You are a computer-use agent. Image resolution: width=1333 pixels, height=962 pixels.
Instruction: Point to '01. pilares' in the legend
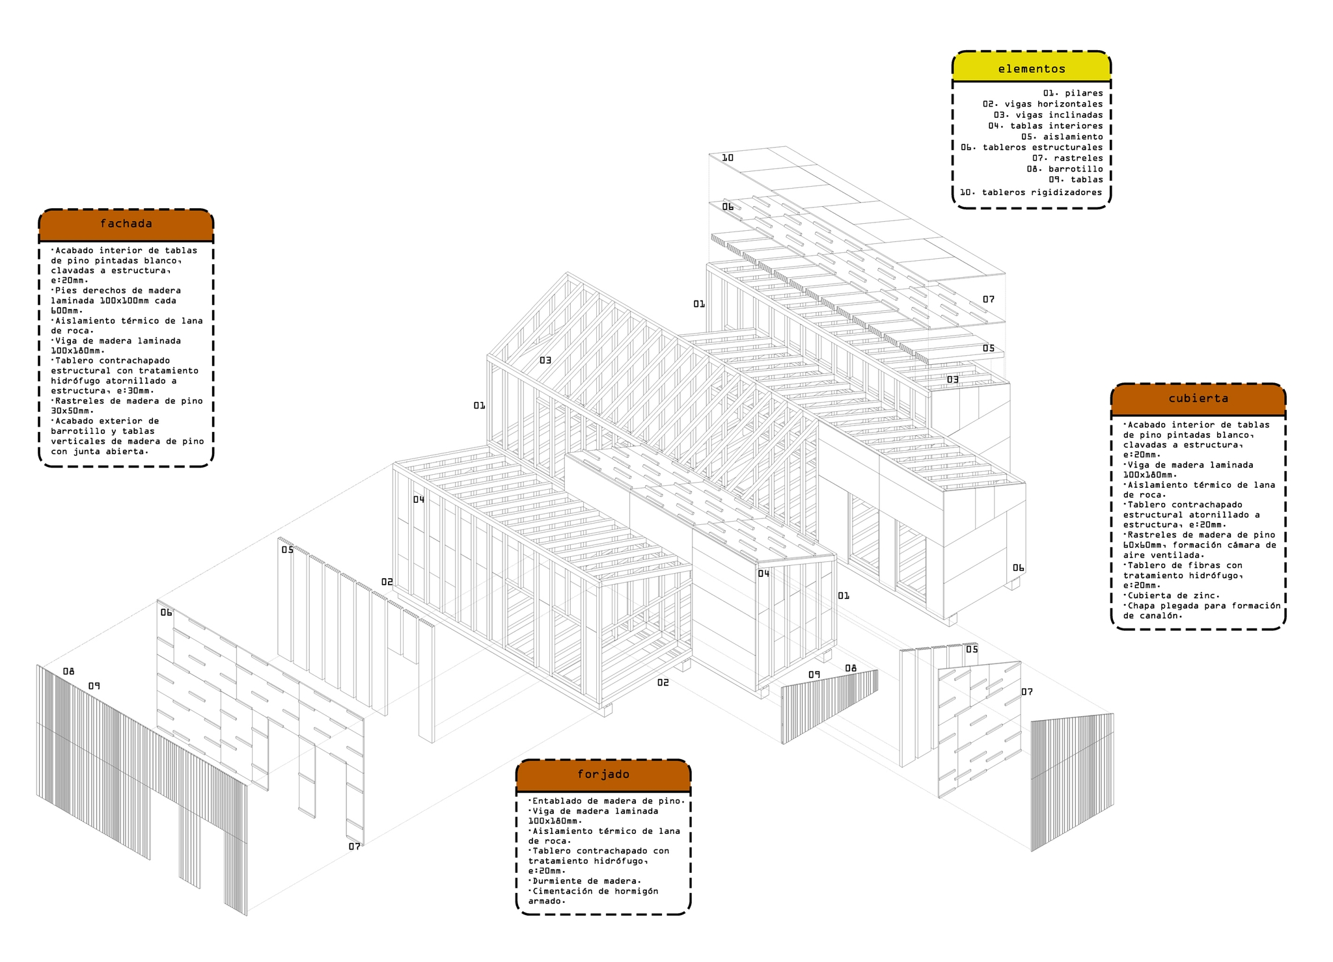pos(1073,93)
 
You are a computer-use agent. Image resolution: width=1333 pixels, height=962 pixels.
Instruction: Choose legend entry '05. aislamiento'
pos(1062,137)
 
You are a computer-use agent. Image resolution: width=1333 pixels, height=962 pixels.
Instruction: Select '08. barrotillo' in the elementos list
pos(1065,169)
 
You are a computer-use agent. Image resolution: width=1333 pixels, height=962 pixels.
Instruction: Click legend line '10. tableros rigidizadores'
pos(1031,193)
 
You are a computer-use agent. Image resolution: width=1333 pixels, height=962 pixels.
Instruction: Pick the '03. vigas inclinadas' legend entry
pos(1049,115)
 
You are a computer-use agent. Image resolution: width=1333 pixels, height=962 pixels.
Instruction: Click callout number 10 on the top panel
pos(728,158)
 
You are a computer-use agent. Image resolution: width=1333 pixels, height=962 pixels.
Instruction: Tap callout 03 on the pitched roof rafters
pos(545,360)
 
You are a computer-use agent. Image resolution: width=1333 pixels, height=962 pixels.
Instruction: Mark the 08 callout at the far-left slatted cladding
pos(68,671)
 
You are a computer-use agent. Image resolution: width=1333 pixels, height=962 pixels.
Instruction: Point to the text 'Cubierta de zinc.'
pos(1173,595)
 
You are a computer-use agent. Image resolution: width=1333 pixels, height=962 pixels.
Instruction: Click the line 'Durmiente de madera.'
pos(584,881)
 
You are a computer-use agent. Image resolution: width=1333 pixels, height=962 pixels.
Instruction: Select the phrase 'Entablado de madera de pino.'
pos(607,801)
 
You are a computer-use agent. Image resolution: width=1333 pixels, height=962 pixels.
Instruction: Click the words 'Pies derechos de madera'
pos(116,290)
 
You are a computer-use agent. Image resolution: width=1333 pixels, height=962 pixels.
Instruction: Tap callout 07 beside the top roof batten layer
pos(989,299)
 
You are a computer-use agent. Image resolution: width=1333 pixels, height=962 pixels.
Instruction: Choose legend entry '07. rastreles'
pos(1067,158)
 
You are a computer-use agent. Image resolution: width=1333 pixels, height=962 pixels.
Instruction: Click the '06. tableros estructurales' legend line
pos(1032,148)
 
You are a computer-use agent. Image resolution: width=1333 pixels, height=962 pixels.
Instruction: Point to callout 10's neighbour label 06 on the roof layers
pos(728,207)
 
